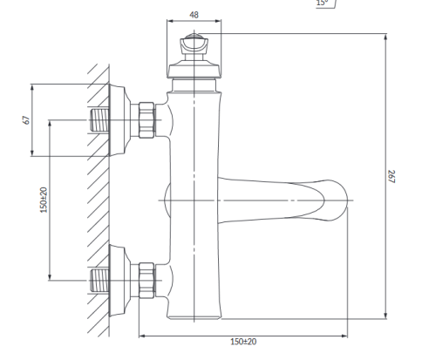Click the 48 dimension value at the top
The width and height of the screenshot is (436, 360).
[194, 15]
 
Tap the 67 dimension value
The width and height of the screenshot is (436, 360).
[26, 120]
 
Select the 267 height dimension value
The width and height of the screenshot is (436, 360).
[392, 177]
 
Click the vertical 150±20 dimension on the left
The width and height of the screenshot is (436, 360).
[44, 200]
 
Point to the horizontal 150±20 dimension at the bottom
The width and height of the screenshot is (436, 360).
[243, 342]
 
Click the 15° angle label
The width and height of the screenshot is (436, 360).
[322, 3]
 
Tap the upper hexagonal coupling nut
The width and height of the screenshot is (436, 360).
[146, 120]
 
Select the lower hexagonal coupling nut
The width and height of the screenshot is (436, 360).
[146, 281]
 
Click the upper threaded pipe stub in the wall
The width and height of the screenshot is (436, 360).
[99, 120]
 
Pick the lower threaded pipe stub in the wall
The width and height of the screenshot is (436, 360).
[99, 281]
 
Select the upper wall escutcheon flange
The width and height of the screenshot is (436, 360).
[119, 120]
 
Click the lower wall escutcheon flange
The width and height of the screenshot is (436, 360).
[119, 281]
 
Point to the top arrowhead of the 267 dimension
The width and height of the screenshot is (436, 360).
[385, 37]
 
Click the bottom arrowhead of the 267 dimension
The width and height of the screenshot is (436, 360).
[385, 316]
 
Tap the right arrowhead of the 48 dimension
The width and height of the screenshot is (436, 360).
[217, 21]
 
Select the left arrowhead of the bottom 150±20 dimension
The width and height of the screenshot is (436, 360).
[143, 336]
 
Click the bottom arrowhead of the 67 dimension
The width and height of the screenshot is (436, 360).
[32, 153]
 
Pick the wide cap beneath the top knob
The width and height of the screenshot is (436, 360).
[194, 70]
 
